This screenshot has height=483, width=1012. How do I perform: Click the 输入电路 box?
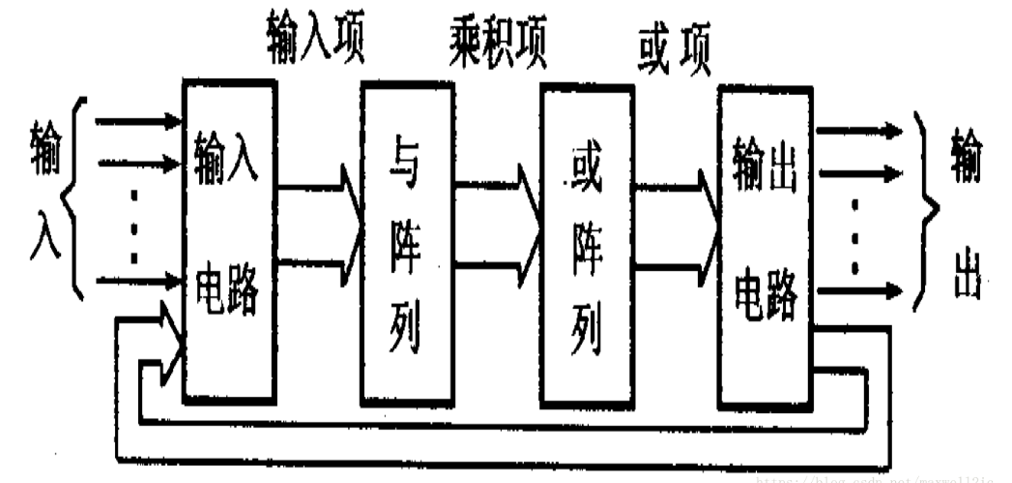tap(228, 242)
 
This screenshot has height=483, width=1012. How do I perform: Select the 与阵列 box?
tap(406, 242)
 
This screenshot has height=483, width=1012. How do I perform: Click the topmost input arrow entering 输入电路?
tap(135, 123)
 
